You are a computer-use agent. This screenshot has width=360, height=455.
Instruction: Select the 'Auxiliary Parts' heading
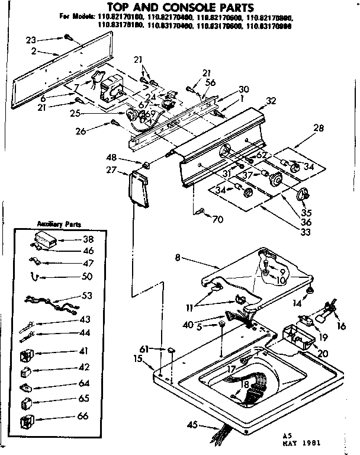click(x=60, y=225)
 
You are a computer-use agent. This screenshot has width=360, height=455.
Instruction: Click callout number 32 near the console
click(x=271, y=101)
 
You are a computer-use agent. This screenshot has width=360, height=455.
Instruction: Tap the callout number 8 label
click(x=177, y=258)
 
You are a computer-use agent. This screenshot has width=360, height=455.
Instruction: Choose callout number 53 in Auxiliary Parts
click(x=87, y=295)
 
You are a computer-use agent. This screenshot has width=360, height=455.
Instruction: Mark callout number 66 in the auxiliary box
click(x=83, y=416)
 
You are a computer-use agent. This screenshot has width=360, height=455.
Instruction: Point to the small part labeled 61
click(x=171, y=351)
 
